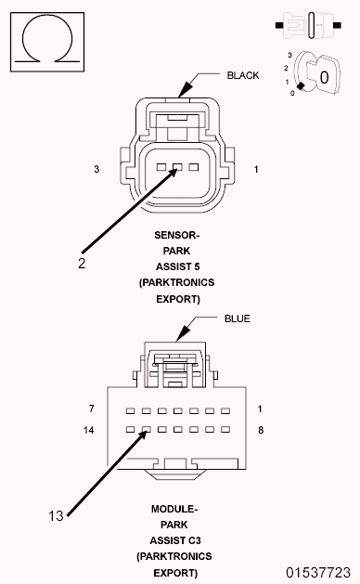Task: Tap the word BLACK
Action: (x=243, y=75)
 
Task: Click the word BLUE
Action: (x=237, y=318)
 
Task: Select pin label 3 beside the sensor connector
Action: (x=96, y=169)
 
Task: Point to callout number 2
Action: (x=82, y=263)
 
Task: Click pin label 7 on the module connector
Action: (x=92, y=409)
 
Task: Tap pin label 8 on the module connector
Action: (x=262, y=431)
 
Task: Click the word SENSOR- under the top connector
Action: (x=176, y=236)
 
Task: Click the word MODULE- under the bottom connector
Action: (x=174, y=509)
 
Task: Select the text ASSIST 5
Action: (x=176, y=267)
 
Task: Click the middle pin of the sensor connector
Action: (x=176, y=168)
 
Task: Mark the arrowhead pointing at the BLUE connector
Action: (x=188, y=337)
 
